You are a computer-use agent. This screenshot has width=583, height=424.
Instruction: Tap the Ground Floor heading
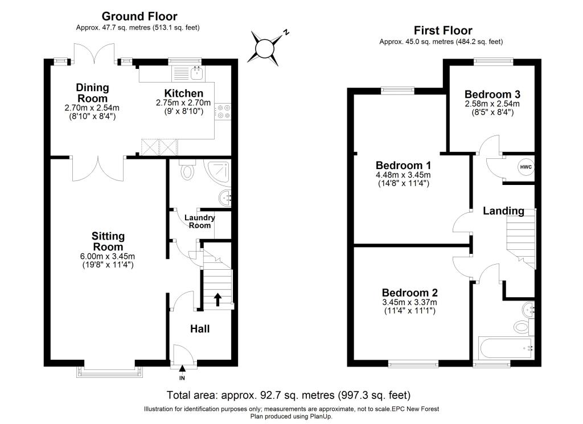click(139, 17)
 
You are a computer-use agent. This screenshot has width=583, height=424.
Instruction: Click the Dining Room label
click(92, 92)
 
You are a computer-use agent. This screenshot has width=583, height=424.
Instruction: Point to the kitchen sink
click(197, 72)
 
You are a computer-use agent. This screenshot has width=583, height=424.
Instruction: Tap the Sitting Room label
click(108, 241)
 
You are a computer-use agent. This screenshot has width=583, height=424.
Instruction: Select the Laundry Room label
click(199, 221)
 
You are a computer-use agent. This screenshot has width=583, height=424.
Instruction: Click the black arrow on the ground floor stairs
click(217, 299)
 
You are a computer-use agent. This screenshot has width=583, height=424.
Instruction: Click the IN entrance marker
click(183, 378)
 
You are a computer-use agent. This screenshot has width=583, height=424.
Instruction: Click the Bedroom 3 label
click(492, 94)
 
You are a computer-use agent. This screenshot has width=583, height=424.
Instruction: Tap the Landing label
click(503, 211)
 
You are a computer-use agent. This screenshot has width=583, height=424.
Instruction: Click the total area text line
click(288, 394)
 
